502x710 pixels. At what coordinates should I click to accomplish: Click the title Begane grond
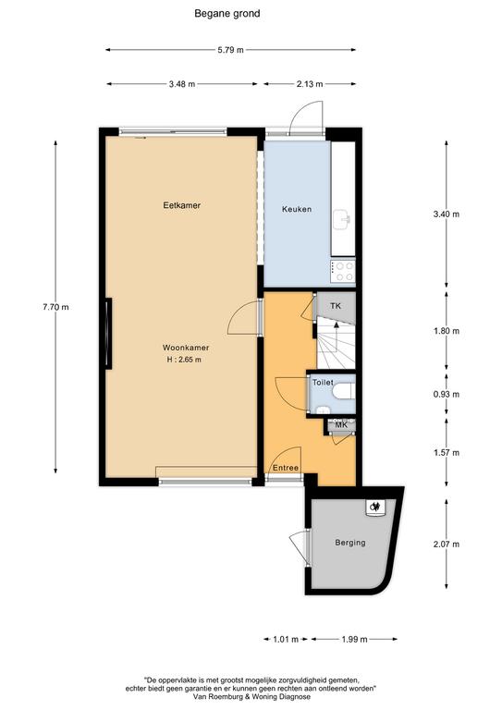[227, 14]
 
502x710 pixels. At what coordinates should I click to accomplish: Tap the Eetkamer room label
[181, 205]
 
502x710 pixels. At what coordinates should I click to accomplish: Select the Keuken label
[297, 209]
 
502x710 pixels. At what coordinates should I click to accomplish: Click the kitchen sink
[342, 220]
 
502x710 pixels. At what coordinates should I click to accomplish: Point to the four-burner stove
[343, 271]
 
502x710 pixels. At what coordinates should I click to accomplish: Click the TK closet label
[336, 306]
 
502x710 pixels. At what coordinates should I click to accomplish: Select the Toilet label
[323, 383]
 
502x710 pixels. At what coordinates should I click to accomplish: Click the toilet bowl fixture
[345, 391]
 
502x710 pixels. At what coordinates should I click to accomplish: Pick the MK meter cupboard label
[341, 425]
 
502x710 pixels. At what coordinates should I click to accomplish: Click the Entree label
[285, 468]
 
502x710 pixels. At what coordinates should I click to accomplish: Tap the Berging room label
[349, 542]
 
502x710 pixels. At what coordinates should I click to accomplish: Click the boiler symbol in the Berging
[375, 508]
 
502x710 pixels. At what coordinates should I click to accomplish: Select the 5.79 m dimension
[231, 50]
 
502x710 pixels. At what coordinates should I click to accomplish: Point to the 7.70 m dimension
[55, 307]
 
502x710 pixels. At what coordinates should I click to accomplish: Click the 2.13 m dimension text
[310, 84]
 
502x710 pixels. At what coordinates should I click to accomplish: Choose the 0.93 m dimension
[447, 394]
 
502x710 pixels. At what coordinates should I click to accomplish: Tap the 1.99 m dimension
[354, 639]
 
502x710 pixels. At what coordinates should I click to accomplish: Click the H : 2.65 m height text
[184, 360]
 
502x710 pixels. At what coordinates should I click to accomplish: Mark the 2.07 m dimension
[447, 544]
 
